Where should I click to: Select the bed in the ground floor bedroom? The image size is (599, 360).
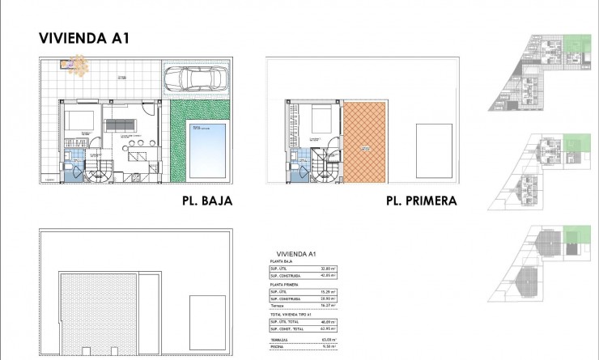click(x=80, y=121)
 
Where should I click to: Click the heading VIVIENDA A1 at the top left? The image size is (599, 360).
click(x=85, y=37)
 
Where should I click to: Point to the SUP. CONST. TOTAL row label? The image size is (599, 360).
click(x=287, y=328)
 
